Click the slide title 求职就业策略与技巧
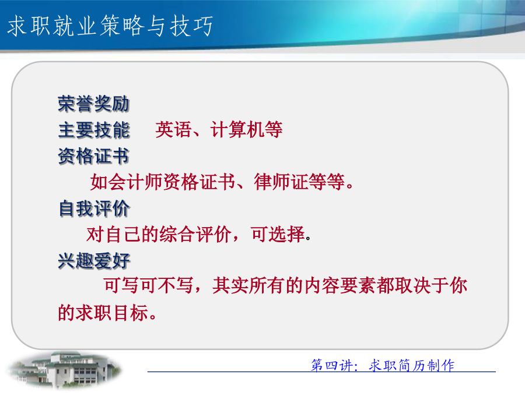point(110,26)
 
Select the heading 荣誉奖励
point(94,104)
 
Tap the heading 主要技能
point(94,130)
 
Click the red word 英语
point(173,129)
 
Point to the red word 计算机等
point(246,129)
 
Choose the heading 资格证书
point(94,155)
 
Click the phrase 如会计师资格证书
point(163,182)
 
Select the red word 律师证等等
point(299,182)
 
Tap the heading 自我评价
point(94,208)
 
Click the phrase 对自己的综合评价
point(159,234)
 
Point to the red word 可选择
point(278,234)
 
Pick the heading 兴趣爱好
point(94,260)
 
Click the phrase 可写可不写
point(148,286)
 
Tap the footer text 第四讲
point(331,365)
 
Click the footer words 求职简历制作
point(411,365)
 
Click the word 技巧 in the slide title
point(191,26)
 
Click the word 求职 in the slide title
point(29,26)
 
